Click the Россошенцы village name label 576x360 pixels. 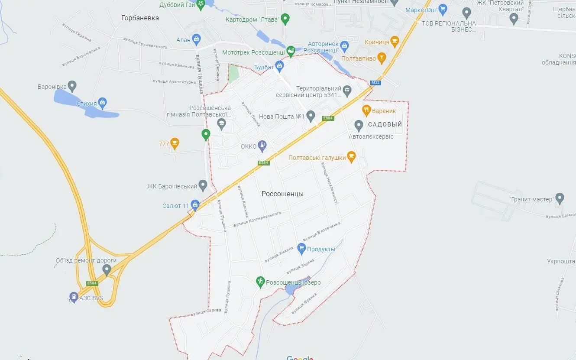(282, 194)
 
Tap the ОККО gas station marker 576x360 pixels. (262, 146)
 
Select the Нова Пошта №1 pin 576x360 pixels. (311, 116)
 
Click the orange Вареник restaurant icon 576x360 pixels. (366, 110)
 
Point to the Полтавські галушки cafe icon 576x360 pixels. (351, 157)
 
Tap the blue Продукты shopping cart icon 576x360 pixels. (301, 248)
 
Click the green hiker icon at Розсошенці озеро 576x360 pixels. (260, 282)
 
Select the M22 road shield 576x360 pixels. (375, 82)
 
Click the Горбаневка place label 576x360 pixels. (140, 18)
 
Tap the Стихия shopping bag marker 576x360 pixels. (102, 102)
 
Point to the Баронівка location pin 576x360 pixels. (72, 86)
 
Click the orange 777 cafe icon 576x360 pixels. (175, 143)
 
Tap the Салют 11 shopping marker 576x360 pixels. (195, 204)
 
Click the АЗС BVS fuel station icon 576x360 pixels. (74, 297)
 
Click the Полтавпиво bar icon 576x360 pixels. (382, 57)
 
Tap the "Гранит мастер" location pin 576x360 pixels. (560, 198)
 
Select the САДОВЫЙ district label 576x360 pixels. (385, 124)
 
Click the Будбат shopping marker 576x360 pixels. (279, 66)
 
